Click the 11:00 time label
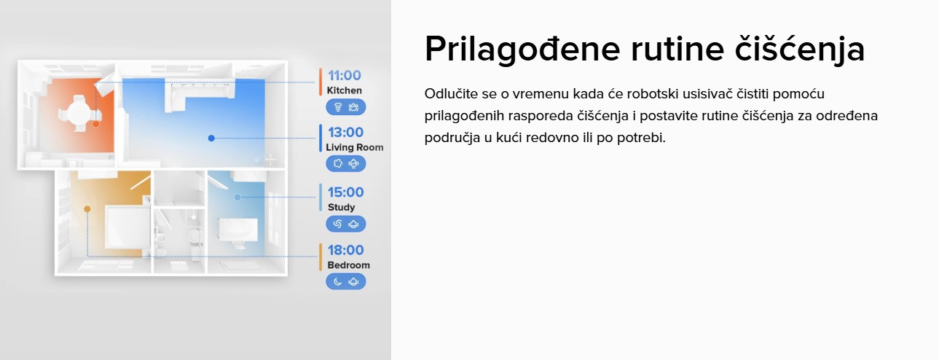click(x=344, y=76)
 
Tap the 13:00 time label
click(x=345, y=132)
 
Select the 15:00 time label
click(x=345, y=192)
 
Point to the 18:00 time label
click(x=345, y=250)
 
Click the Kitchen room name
click(x=344, y=90)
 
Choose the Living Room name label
click(x=355, y=147)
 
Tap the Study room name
click(x=341, y=207)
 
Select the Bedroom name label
click(x=348, y=265)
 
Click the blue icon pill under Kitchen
click(x=346, y=107)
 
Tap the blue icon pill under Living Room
click(x=346, y=164)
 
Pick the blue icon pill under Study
click(x=346, y=224)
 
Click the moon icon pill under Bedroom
click(x=346, y=281)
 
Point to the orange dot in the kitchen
click(x=96, y=124)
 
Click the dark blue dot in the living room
click(x=211, y=138)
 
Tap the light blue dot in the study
click(x=237, y=197)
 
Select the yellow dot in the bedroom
click(x=87, y=209)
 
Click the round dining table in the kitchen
click(x=79, y=112)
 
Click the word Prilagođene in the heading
click(x=522, y=50)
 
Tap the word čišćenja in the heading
click(x=800, y=49)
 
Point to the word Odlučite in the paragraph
click(x=451, y=93)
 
